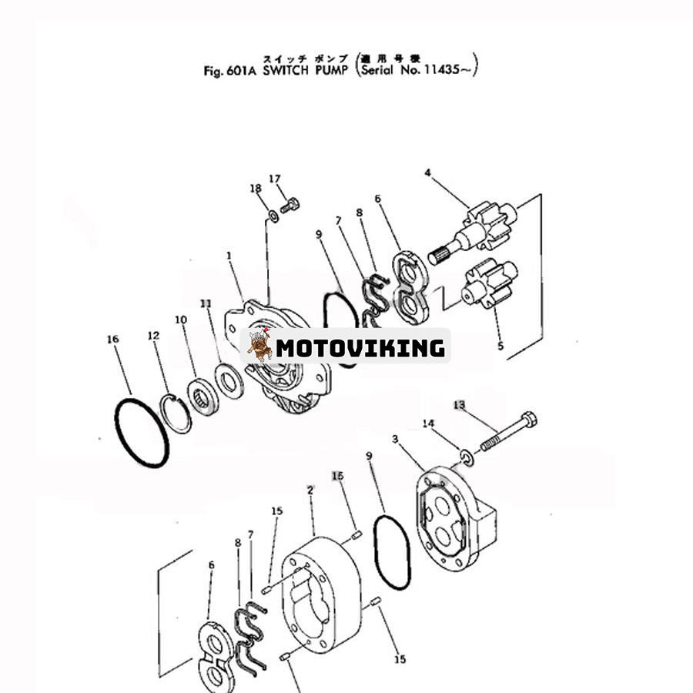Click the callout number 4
[x=427, y=172]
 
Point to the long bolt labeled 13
[x=508, y=433]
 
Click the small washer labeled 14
[x=466, y=459]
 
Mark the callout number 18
[x=256, y=189]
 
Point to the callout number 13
[x=460, y=405]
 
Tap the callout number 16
[x=113, y=339]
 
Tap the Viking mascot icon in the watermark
[x=259, y=346]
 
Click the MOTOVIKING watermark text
[x=360, y=347]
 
